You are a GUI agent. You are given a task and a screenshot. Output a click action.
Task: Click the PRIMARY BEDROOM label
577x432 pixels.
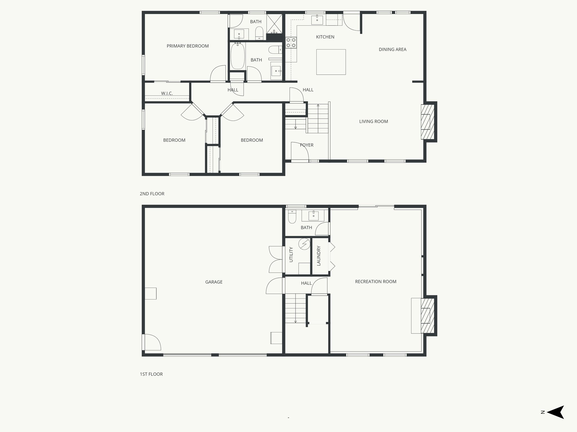coord(188,46)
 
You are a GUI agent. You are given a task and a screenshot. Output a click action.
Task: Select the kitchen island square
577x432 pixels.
coord(331,62)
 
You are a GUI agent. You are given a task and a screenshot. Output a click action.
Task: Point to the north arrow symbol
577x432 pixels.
coord(555,420)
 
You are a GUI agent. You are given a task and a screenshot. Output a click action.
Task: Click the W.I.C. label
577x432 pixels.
coord(167,93)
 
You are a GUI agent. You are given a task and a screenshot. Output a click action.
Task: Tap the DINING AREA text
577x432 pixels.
coord(392,49)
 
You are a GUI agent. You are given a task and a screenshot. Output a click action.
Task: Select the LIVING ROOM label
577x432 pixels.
coord(373,121)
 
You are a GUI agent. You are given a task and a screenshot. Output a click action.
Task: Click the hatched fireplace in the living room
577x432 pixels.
coord(427,122)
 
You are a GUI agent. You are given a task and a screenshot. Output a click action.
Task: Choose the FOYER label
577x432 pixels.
coord(307,145)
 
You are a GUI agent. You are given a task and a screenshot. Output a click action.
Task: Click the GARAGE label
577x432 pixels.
coord(214,282)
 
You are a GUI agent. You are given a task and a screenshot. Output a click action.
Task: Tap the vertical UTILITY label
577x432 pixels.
coord(291,255)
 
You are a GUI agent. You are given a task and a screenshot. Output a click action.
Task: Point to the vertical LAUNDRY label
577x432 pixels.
coord(319,256)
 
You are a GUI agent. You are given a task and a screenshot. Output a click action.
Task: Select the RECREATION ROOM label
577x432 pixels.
coord(376,282)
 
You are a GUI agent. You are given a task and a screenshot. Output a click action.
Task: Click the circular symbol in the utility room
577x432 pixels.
coord(304,244)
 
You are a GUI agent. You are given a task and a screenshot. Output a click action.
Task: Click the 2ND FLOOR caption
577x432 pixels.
coord(152,194)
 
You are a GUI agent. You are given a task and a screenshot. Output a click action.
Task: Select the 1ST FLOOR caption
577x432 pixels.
coord(151,374)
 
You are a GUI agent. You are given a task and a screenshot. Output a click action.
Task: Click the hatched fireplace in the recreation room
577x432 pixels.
coord(427,316)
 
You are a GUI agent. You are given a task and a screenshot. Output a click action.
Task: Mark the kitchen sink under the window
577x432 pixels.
coord(317,20)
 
